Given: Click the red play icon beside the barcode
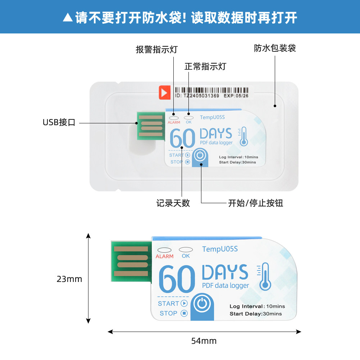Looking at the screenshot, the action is point(165,92).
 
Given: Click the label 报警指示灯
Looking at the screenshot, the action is point(157,50).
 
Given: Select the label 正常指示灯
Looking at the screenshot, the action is point(205,67).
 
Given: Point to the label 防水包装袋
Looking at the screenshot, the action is point(275,48).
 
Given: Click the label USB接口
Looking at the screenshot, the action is point(59,122).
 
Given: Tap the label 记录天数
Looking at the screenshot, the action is point(173,203).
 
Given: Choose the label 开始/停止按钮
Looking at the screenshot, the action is point(256,203).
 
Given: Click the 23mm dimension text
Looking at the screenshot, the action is point(69,279).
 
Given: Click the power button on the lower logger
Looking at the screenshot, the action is point(202,304).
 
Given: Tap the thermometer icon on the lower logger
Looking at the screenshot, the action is point(264,277).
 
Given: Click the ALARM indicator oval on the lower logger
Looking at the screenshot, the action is point(164,250).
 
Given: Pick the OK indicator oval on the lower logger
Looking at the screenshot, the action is point(186,250).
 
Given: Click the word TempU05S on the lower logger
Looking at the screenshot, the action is point(220,249).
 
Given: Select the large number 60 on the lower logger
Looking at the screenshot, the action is point(177,279).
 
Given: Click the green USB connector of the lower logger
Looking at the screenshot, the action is point(131,261).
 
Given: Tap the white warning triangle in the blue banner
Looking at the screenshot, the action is point(68,18).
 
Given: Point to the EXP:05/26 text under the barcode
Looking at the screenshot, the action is point(236,96).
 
